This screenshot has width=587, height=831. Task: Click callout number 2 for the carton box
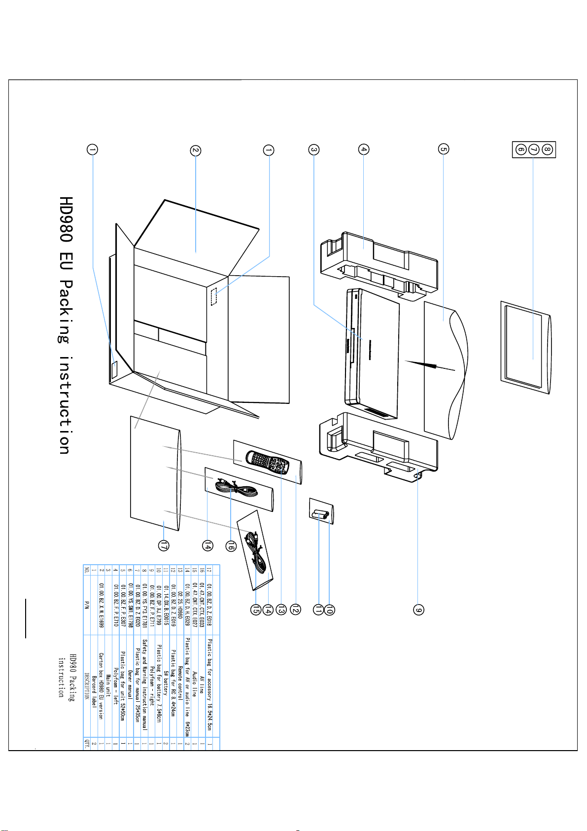pyautogui.click(x=196, y=150)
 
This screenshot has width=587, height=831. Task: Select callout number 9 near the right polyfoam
pyautogui.click(x=418, y=610)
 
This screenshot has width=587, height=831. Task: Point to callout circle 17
pyautogui.click(x=164, y=545)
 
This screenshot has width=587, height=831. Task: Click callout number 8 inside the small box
pyautogui.click(x=547, y=148)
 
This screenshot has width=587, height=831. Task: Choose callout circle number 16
pyautogui.click(x=230, y=545)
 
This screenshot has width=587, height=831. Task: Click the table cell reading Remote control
pyautogui.click(x=180, y=671)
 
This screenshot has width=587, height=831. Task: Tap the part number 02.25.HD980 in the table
pyautogui.click(x=180, y=605)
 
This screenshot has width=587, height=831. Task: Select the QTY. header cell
pyautogui.click(x=87, y=743)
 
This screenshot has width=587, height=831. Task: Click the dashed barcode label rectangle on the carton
pyautogui.click(x=216, y=297)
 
